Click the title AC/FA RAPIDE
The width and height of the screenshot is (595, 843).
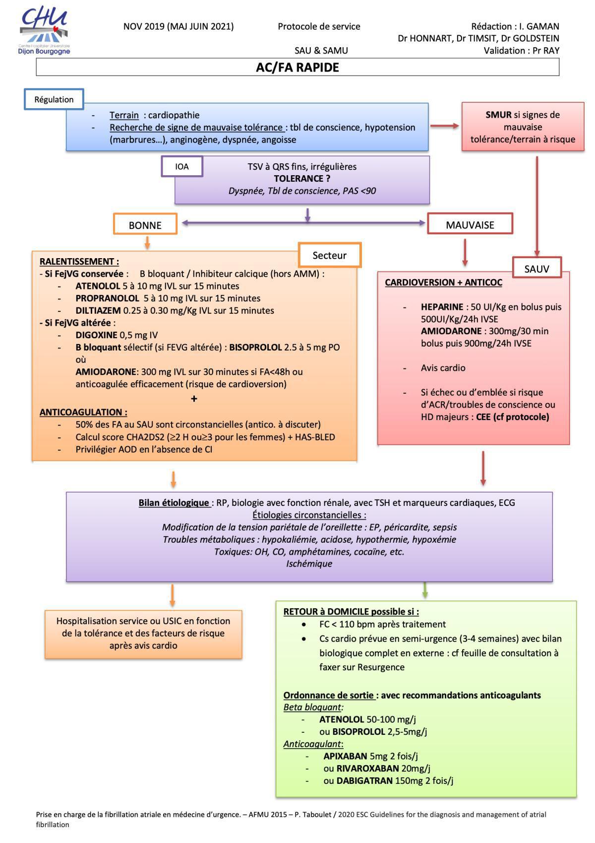[x=297, y=68]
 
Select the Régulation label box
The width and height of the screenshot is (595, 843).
[x=54, y=99]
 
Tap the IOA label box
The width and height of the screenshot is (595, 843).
[x=182, y=166]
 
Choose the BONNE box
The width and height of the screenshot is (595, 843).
[x=145, y=225]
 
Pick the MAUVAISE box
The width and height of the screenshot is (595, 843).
[x=470, y=225]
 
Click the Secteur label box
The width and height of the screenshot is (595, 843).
[x=329, y=255]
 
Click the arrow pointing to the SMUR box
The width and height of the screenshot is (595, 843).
[x=445, y=126]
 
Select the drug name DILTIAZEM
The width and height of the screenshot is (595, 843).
[x=98, y=311]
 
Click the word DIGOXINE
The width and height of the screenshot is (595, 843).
[x=96, y=335]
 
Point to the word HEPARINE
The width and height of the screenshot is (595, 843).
[x=442, y=307]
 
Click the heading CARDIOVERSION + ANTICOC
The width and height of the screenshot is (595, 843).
[x=443, y=282]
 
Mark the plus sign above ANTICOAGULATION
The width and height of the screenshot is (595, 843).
[x=194, y=399]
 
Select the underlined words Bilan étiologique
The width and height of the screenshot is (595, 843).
[x=174, y=502]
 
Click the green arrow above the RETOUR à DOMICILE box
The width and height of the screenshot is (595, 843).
[x=425, y=590]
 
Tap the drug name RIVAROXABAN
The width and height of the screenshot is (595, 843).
[x=367, y=769]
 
